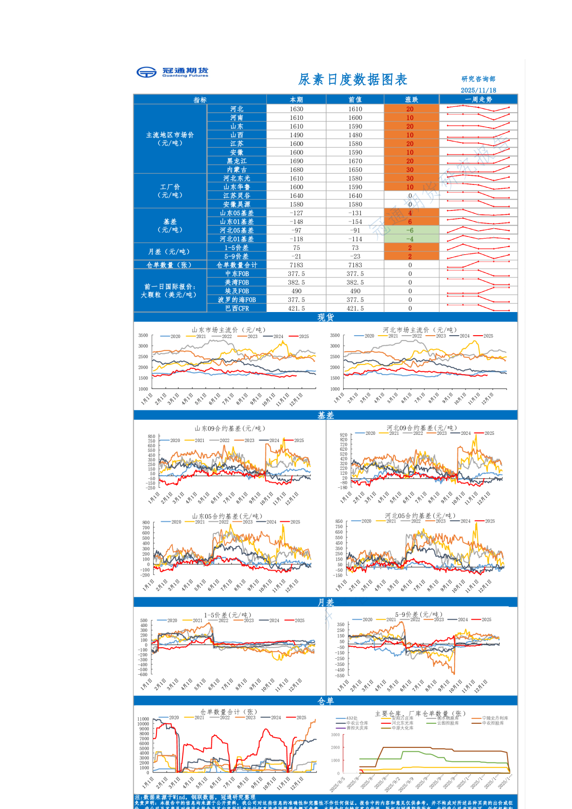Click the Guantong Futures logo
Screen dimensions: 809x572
172,72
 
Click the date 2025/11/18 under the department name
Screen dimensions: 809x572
478,90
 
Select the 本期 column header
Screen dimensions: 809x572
296,100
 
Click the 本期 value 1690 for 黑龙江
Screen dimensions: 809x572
296,161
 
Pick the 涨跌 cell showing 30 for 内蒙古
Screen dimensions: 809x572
410,170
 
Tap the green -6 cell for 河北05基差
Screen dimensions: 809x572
410,230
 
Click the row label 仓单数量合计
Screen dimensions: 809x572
236,265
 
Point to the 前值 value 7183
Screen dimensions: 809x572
355,265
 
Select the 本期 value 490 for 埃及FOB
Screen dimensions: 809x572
296,291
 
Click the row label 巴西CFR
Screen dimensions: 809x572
236,308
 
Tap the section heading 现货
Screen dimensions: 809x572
325,317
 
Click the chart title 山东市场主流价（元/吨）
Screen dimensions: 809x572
229,330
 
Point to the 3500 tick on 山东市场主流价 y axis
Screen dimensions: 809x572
143,335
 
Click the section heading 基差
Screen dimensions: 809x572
325,415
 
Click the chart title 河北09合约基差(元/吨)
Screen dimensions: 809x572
422,428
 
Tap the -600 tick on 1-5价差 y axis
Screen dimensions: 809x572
143,675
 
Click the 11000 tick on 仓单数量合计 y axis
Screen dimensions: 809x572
143,719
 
